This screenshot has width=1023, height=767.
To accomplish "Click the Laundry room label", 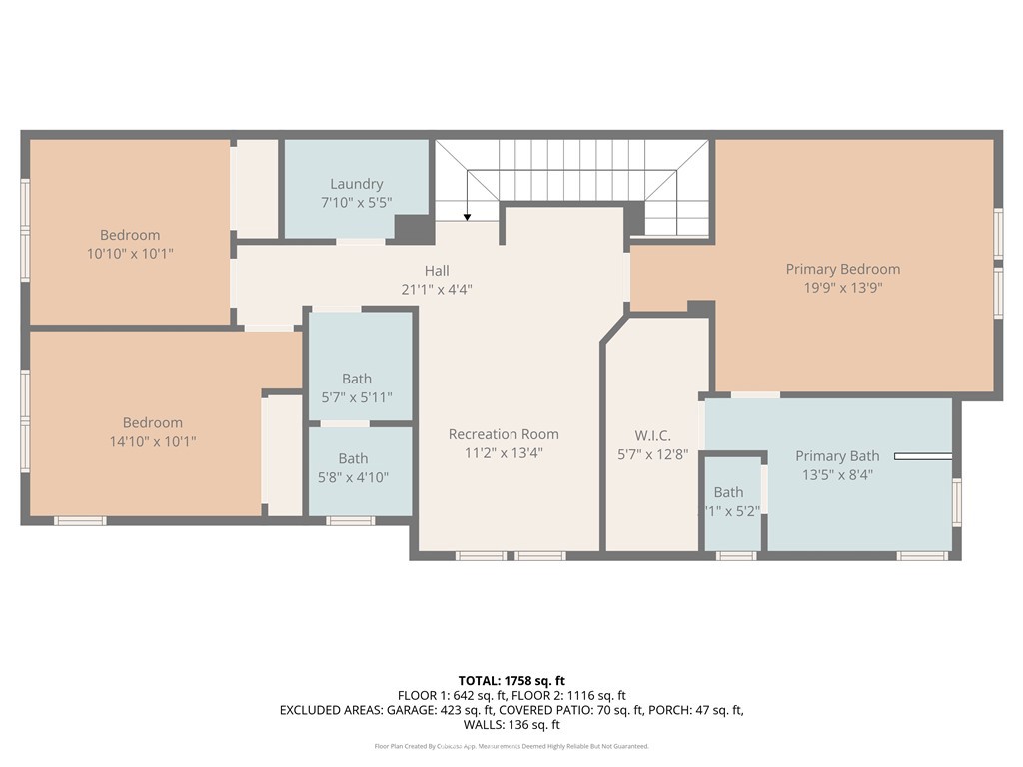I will coord(357,184).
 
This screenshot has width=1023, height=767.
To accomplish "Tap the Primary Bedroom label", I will coord(842,269).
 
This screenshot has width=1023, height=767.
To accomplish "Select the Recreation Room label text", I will coord(504,434).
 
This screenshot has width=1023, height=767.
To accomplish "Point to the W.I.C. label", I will coord(652,436).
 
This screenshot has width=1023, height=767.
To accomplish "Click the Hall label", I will coord(437,271).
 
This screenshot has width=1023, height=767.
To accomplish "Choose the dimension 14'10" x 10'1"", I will coord(153,441).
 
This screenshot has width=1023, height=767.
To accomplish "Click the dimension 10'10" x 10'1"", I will coord(130,254).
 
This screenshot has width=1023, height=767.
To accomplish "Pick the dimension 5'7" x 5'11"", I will coord(357,397).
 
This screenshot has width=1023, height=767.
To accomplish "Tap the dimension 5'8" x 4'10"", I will coord(353,477).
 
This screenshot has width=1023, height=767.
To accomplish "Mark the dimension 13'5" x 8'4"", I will coord(837,475).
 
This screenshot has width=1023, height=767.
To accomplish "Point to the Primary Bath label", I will coord(837,456).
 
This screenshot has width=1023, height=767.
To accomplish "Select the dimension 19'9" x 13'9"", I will coord(842,288).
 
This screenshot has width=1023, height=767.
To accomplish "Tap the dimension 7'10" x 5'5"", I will coord(357,203).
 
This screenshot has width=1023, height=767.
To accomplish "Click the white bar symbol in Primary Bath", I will coord(922,457).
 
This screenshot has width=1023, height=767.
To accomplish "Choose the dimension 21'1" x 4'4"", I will coord(437,290).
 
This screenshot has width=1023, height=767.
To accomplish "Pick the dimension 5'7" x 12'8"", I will coord(652,455).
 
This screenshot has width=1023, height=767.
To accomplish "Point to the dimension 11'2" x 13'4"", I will coord(504,453).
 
